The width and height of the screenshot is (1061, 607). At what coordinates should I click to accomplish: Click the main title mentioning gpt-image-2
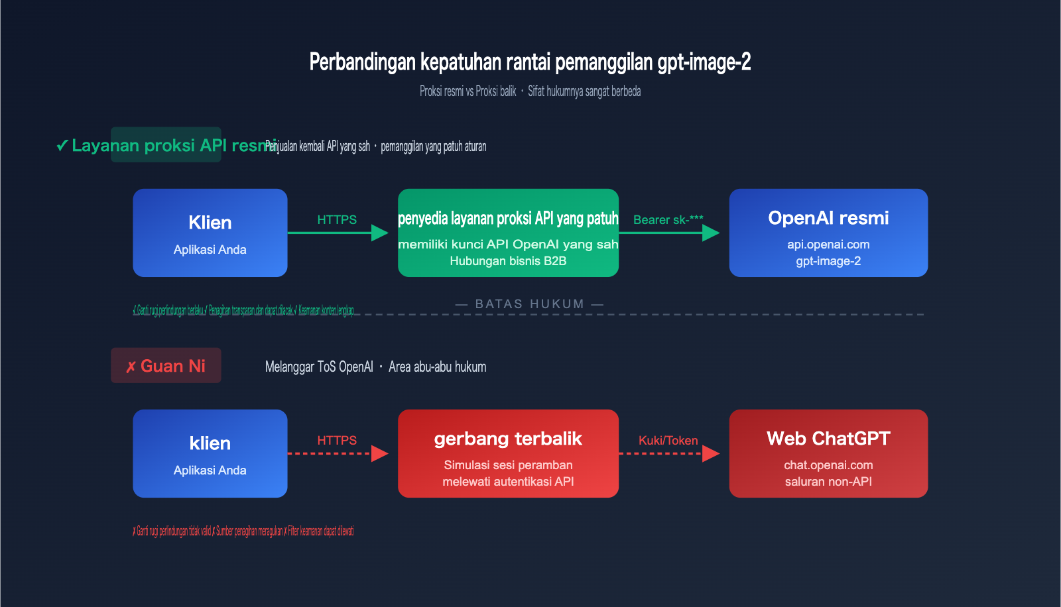(x=530, y=62)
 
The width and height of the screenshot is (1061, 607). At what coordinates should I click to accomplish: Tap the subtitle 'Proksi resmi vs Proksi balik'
(x=468, y=91)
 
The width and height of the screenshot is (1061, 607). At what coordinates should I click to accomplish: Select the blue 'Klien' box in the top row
(x=210, y=233)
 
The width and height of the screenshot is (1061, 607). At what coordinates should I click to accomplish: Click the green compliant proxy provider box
(x=508, y=233)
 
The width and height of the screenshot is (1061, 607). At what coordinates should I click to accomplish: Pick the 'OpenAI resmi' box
(x=828, y=233)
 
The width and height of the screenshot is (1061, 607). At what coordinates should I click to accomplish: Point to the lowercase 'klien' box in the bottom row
(x=210, y=453)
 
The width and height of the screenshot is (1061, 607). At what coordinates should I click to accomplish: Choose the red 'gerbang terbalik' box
(x=508, y=453)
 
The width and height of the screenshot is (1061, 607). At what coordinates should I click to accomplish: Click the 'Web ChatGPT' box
(x=828, y=453)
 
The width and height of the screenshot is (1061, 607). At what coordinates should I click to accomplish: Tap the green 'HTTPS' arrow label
(x=337, y=219)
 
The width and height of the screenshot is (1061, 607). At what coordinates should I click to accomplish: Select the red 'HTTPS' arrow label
(x=337, y=440)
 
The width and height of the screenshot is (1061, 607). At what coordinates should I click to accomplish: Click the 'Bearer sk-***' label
(x=668, y=219)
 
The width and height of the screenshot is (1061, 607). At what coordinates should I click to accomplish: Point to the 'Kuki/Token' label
(x=668, y=440)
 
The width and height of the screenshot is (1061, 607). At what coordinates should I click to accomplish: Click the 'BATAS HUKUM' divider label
(x=530, y=304)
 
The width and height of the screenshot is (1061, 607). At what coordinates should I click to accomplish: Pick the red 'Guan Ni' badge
(x=166, y=366)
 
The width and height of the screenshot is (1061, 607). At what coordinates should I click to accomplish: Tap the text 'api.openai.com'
(x=828, y=245)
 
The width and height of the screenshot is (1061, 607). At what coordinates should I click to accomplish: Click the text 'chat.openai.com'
(x=828, y=465)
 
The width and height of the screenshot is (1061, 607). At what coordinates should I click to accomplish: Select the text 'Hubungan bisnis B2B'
(x=508, y=261)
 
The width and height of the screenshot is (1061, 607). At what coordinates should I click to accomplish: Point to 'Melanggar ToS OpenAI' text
(x=319, y=366)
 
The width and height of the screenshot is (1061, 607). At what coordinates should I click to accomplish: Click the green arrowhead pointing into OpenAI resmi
(x=711, y=233)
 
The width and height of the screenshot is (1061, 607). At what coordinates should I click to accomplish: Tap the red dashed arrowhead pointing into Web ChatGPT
(x=711, y=453)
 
